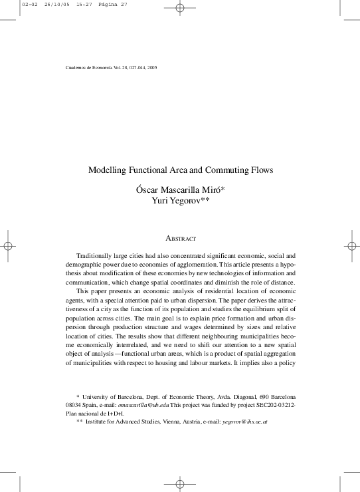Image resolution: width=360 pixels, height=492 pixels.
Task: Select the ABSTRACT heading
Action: click(x=179, y=238)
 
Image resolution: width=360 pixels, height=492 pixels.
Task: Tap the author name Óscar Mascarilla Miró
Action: click(x=179, y=189)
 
